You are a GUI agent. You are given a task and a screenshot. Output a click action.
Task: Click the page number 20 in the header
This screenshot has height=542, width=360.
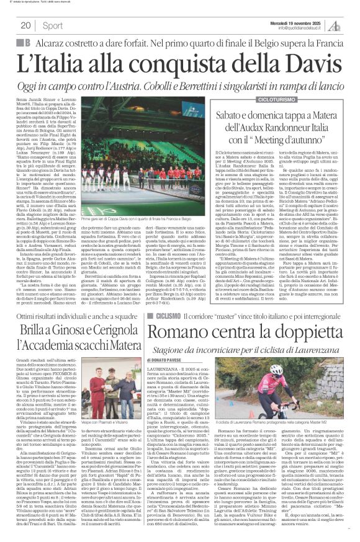(x=27, y=25)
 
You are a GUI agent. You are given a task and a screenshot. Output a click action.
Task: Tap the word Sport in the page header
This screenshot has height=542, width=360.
(x=53, y=25)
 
